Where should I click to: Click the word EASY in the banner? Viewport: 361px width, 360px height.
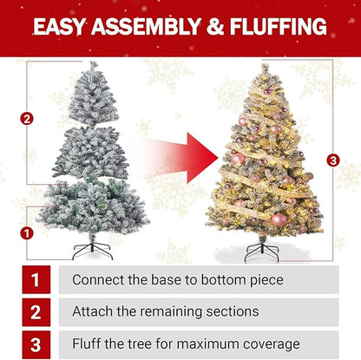tap(58, 26)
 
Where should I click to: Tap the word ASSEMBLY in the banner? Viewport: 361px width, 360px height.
tap(146, 26)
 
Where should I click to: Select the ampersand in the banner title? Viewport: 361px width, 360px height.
tap(215, 26)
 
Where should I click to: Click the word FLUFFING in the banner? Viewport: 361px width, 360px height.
tap(279, 26)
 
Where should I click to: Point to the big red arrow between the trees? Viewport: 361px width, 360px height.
tap(180, 158)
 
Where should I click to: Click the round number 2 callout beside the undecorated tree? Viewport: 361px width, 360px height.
tap(27, 119)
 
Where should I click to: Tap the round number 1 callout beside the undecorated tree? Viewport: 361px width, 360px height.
tap(27, 233)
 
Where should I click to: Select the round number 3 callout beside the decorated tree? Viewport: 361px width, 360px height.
tap(333, 160)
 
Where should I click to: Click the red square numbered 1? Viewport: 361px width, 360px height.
tap(36, 279)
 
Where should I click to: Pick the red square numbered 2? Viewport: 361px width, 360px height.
tap(36, 312)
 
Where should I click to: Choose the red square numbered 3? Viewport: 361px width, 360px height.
tap(36, 344)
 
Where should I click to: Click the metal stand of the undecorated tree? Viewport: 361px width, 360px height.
tap(92, 251)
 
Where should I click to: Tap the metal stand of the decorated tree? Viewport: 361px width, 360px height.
tap(261, 252)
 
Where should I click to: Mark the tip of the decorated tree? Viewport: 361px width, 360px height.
tap(265, 65)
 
